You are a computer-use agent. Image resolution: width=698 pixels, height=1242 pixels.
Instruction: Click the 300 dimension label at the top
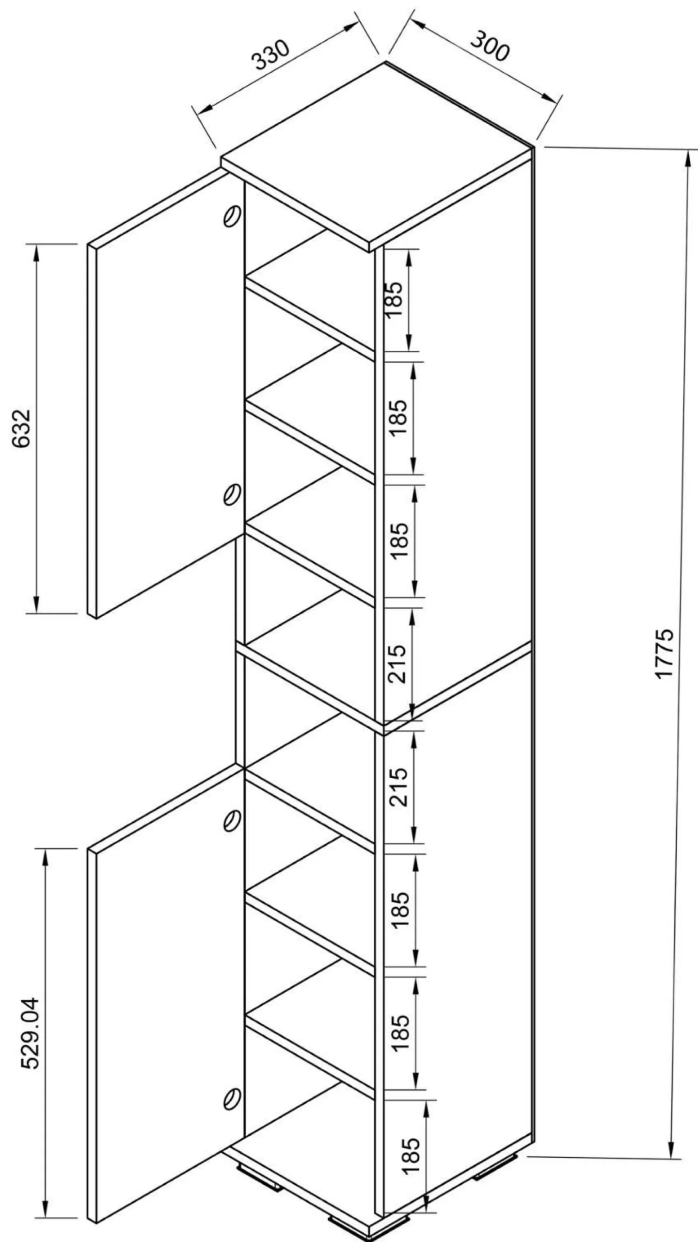[x=490, y=46]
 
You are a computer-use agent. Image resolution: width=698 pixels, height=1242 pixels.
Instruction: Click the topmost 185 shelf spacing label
[x=395, y=299]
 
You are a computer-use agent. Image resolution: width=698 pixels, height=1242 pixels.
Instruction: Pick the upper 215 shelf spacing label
[x=397, y=664]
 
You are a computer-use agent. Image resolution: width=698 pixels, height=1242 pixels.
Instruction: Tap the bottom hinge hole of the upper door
[x=231, y=494]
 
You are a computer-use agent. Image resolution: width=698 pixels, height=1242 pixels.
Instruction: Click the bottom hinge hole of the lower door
[x=231, y=1085]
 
